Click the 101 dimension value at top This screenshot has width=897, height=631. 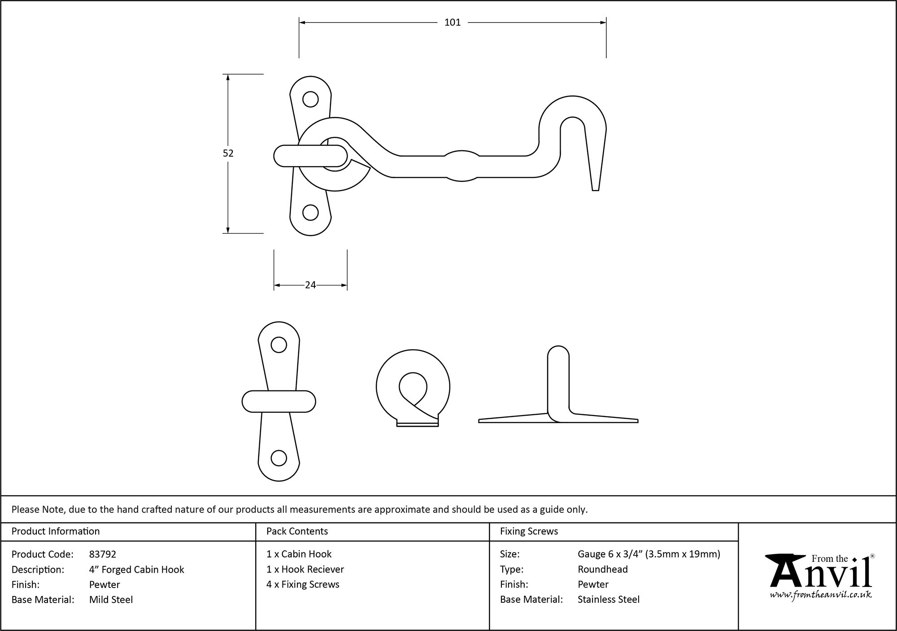[452, 22]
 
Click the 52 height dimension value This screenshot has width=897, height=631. [228, 153]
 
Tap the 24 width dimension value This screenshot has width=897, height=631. [310, 285]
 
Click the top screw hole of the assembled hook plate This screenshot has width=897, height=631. [310, 99]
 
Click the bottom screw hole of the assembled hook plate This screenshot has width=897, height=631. [310, 212]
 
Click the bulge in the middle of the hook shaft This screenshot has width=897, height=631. [462, 166]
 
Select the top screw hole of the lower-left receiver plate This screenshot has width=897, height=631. [279, 345]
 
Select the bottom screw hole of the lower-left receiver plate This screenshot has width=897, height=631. [279, 458]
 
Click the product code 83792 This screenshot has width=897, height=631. [103, 554]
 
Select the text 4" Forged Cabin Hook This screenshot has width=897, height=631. [136, 570]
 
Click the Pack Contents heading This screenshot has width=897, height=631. [297, 531]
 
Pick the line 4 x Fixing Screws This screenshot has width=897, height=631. [303, 584]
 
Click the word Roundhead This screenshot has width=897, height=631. [602, 569]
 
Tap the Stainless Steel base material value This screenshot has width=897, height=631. [608, 599]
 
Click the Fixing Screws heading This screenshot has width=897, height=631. [529, 531]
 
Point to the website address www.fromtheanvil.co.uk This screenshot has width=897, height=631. [821, 595]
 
